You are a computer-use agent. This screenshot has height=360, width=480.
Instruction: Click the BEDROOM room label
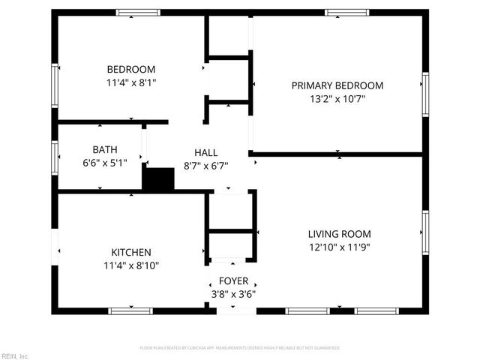131,69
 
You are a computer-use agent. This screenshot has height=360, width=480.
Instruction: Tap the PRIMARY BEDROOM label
337,85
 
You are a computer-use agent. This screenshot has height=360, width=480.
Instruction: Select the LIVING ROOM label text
339,234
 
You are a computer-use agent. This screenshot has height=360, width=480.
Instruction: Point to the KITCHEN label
131,253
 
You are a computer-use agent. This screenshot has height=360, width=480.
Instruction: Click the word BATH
105,149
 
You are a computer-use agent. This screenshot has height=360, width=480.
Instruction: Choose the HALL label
206,152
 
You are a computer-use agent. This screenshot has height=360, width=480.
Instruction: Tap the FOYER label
233,281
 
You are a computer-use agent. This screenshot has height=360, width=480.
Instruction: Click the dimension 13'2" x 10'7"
337,98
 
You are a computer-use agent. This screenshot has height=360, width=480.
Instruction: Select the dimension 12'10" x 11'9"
339,247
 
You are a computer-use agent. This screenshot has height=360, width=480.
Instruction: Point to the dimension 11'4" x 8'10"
131,265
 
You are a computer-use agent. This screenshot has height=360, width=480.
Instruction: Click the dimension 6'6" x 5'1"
104,162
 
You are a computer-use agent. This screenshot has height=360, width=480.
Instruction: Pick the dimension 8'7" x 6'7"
206,165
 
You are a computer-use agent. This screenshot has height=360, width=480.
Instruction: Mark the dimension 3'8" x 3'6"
233,294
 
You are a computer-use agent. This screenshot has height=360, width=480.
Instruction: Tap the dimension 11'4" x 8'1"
131,82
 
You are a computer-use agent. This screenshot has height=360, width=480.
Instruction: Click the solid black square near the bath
158,179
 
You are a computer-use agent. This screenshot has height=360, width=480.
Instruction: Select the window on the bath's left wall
55,157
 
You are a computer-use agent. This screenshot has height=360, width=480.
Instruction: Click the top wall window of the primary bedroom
346,13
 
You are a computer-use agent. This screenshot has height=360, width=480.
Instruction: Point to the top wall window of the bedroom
138,13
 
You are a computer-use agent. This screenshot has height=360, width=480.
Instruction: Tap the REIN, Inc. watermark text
15,355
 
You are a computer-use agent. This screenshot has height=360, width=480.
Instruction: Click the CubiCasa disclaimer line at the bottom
240,348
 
